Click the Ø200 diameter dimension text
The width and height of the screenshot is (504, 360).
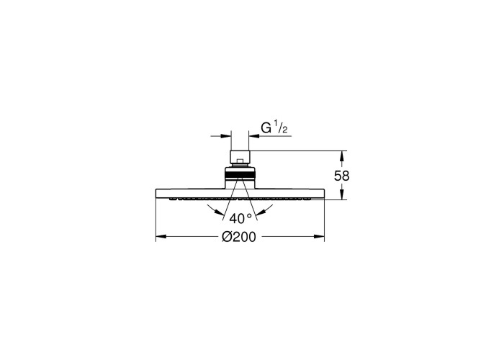point(239,237)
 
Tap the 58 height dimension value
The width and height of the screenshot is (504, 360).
point(342,176)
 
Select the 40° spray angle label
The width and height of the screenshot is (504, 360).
point(240,219)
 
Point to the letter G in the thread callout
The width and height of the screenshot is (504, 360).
point(266,128)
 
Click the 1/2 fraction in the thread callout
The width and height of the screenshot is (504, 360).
point(281,127)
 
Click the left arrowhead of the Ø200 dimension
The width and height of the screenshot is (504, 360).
point(161,237)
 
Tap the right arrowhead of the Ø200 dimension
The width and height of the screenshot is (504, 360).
point(319,237)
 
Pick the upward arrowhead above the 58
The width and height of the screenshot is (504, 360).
point(342,156)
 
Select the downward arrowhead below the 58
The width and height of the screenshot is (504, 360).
point(342,194)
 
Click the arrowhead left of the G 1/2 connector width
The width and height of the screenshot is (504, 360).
point(226,136)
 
